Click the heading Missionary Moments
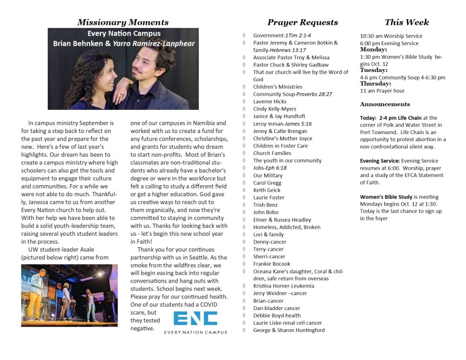click(123, 23)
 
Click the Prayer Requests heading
click(302, 23)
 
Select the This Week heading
click(407, 23)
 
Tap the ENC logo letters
click(195, 319)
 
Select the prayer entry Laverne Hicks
click(269, 102)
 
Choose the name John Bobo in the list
click(265, 212)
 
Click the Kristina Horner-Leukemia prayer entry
click(284, 286)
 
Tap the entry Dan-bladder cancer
click(276, 308)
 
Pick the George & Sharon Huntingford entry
click(289, 330)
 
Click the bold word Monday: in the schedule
click(374, 49)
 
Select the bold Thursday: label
click(376, 84)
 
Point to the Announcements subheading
click(385, 104)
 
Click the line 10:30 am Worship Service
click(391, 36)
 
